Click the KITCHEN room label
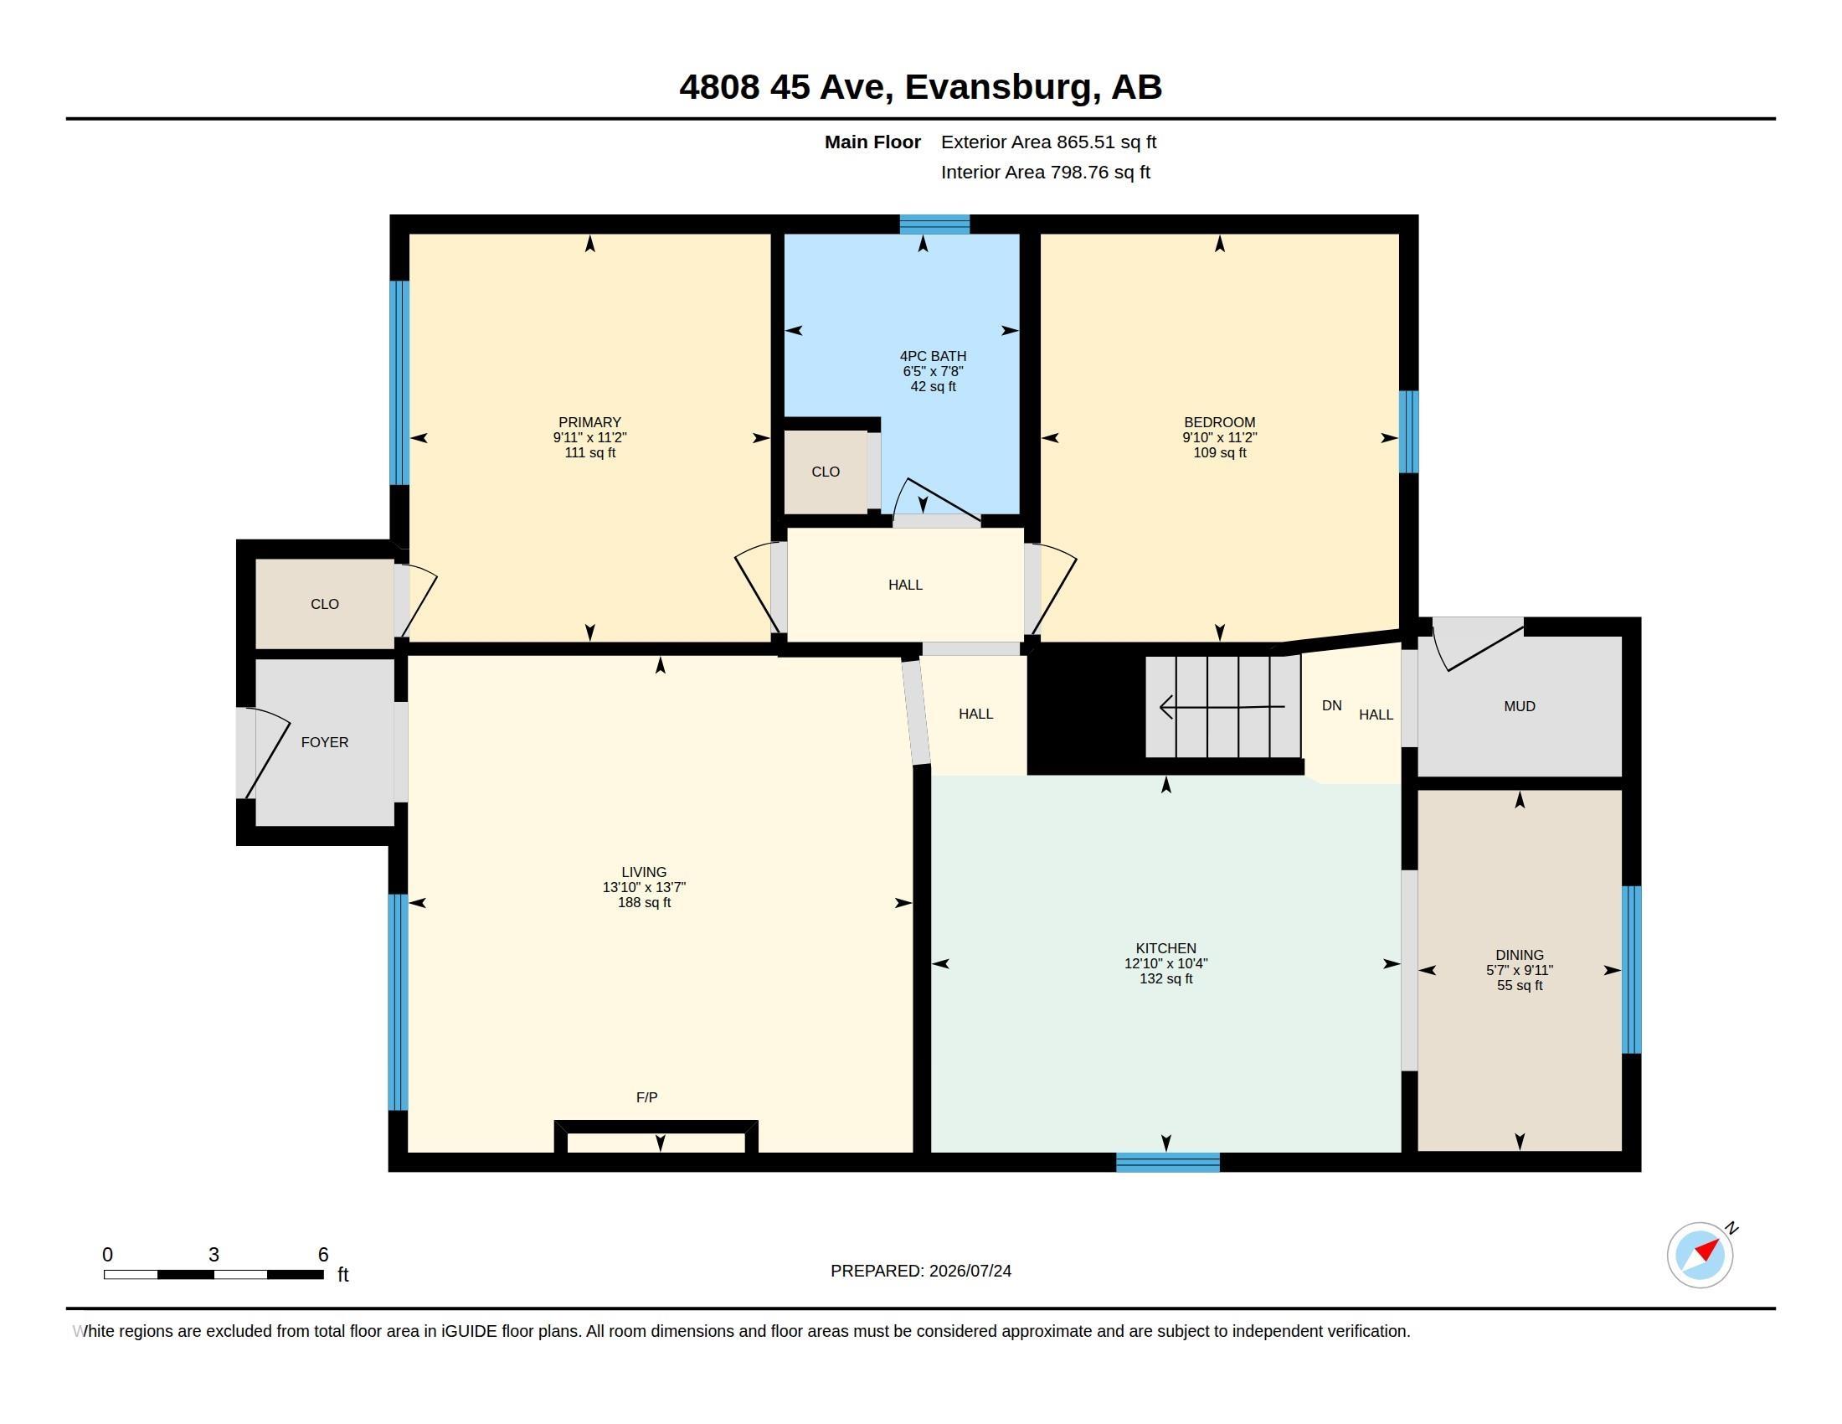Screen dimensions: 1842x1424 1165,948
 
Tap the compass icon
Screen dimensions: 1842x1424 1701,1255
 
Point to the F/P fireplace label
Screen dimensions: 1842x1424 647,1097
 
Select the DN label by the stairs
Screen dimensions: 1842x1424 1332,705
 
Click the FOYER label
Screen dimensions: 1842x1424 325,742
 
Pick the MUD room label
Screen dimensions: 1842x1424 1520,706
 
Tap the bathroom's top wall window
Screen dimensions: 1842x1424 934,224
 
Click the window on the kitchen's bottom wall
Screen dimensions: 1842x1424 1168,1163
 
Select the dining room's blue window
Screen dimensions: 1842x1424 1632,969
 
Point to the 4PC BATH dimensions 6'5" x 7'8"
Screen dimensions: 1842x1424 933,371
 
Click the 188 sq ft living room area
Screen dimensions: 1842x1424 645,903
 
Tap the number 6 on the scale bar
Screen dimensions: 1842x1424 323,1255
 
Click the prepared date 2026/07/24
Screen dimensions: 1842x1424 970,1271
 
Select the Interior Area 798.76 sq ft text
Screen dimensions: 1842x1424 1046,172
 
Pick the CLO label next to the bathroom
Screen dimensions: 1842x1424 826,472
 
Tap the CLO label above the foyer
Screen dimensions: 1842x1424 325,604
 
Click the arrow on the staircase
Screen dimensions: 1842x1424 1222,707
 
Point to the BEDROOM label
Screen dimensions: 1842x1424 1220,423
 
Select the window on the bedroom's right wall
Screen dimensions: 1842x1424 1409,431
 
